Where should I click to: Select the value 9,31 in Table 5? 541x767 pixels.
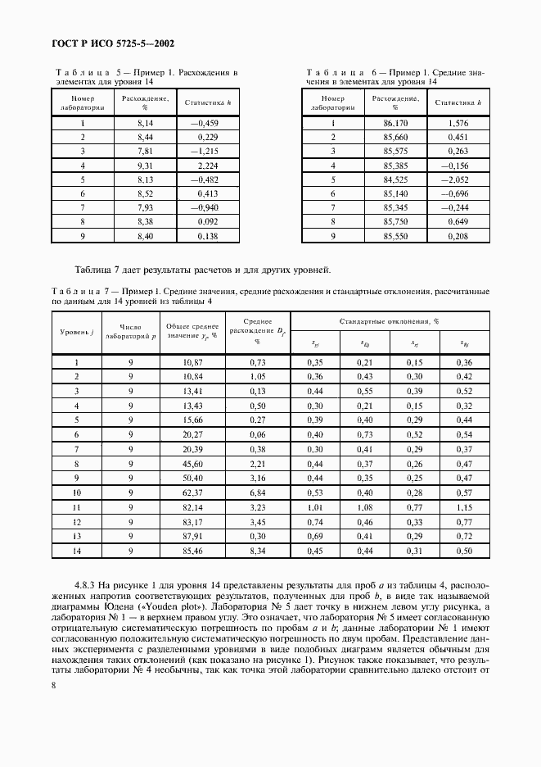(146, 166)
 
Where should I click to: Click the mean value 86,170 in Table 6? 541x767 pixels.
(395, 124)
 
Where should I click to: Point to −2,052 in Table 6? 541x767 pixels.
(455, 179)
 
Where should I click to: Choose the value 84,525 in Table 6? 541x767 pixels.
(395, 179)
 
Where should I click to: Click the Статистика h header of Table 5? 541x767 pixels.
(208, 103)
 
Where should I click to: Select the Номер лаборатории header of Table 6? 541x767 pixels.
(333, 102)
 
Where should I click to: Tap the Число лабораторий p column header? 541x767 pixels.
(130, 331)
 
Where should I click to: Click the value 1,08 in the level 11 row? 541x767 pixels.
(365, 507)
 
